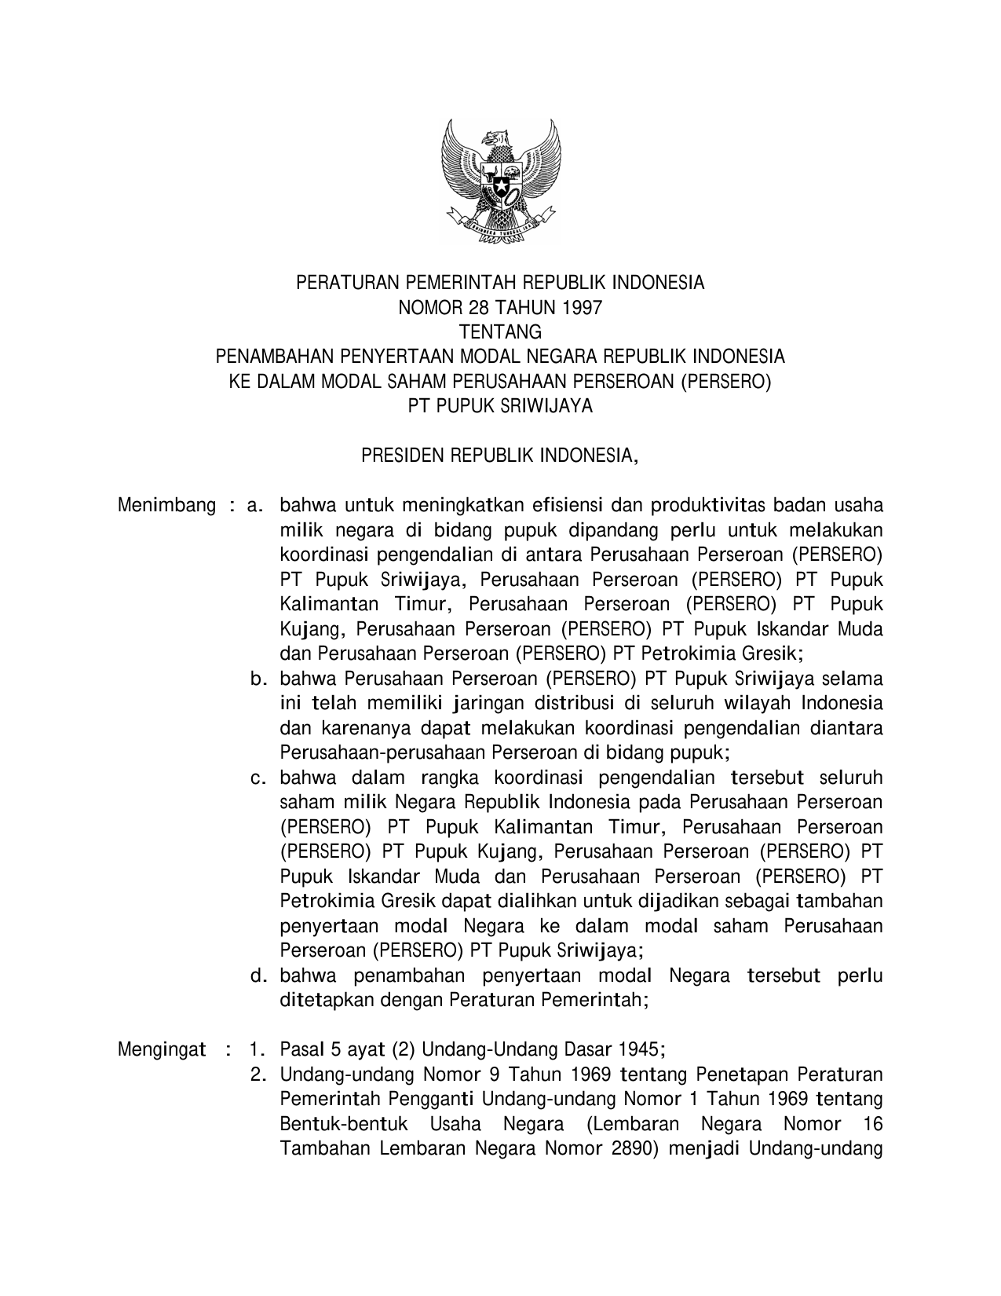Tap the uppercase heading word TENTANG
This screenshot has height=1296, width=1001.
click(500, 332)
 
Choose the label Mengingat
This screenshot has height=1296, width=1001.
click(162, 1049)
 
